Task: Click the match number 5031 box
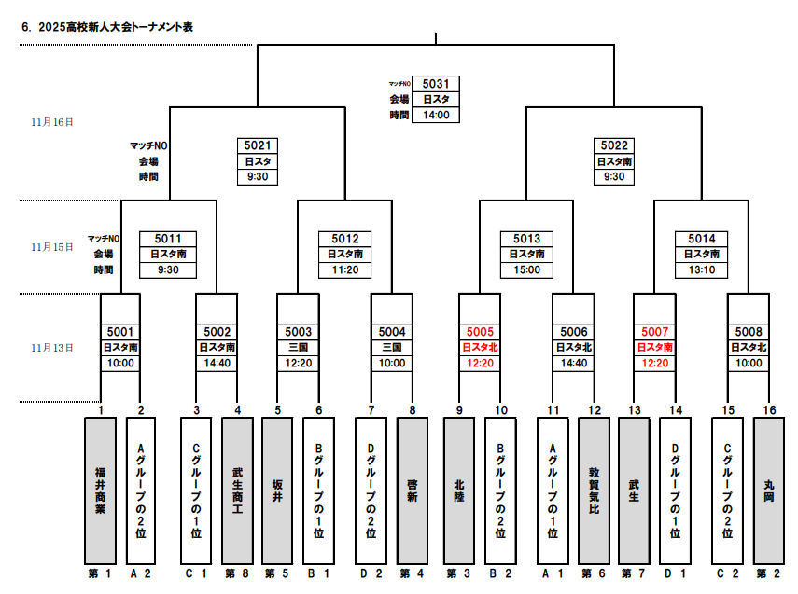click(436, 83)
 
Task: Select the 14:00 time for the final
click(436, 116)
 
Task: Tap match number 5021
click(258, 145)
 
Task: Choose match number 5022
click(613, 145)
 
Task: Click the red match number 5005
click(481, 331)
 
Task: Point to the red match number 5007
click(655, 331)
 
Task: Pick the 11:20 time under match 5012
click(345, 270)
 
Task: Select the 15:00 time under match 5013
click(526, 270)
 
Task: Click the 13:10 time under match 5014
click(701, 270)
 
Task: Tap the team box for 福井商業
click(100, 490)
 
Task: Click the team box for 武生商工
click(237, 490)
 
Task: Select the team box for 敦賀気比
click(594, 490)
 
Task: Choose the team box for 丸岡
click(768, 490)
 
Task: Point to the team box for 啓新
click(413, 490)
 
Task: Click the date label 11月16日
click(51, 122)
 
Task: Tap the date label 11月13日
click(51, 348)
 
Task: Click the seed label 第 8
click(237, 573)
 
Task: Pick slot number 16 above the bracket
click(768, 409)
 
